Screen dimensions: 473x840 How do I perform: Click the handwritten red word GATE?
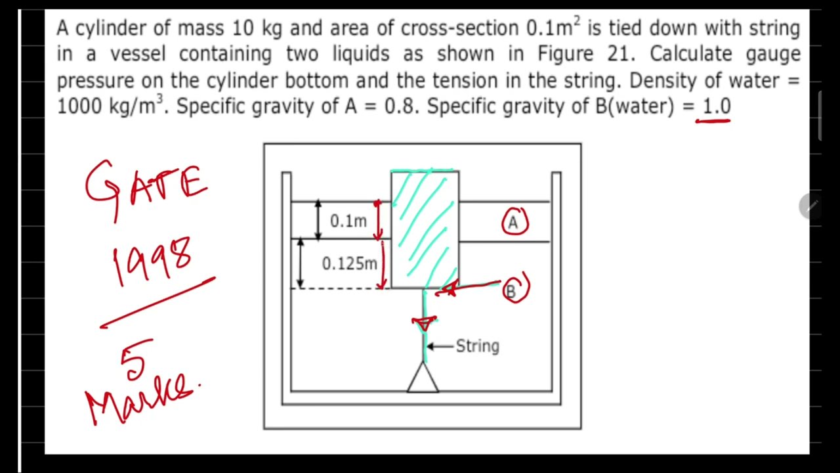click(x=146, y=186)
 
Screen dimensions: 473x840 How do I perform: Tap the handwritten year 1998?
click(x=152, y=261)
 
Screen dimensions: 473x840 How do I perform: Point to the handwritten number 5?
click(x=136, y=360)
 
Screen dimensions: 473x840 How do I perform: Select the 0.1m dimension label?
click(x=348, y=221)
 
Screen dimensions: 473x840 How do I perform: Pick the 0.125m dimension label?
click(x=349, y=264)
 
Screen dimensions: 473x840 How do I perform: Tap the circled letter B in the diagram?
click(x=514, y=290)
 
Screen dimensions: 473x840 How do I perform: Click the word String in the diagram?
click(x=477, y=346)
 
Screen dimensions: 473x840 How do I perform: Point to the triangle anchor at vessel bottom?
click(x=423, y=379)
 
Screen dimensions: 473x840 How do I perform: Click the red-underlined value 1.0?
click(x=716, y=106)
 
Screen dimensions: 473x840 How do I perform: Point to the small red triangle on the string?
click(x=424, y=323)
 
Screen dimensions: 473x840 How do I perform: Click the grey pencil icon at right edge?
click(x=812, y=206)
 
